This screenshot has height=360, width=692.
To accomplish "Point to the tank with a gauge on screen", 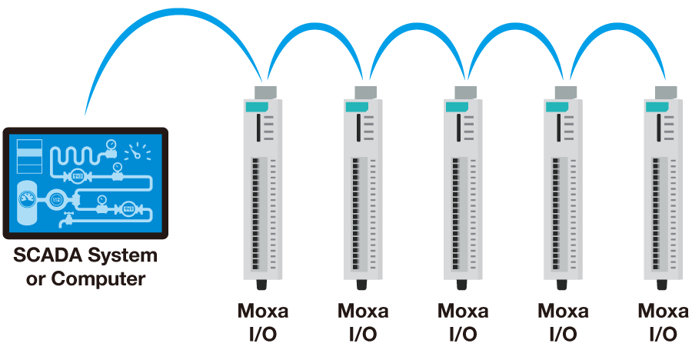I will coord(26,200).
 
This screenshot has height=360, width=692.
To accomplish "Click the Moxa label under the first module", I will coord(263,312).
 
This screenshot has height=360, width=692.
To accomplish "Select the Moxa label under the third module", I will coord(463,312).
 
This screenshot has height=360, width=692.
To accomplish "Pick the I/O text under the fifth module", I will coord(664,335).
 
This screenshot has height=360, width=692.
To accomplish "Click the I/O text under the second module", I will coord(363,335).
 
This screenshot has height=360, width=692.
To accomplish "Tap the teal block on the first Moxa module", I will coord(254,107).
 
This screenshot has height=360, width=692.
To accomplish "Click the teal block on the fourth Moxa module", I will coord(554,107).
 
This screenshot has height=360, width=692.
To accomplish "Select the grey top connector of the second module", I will coord(364,92).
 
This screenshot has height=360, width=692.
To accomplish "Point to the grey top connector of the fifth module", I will coord(664,92).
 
